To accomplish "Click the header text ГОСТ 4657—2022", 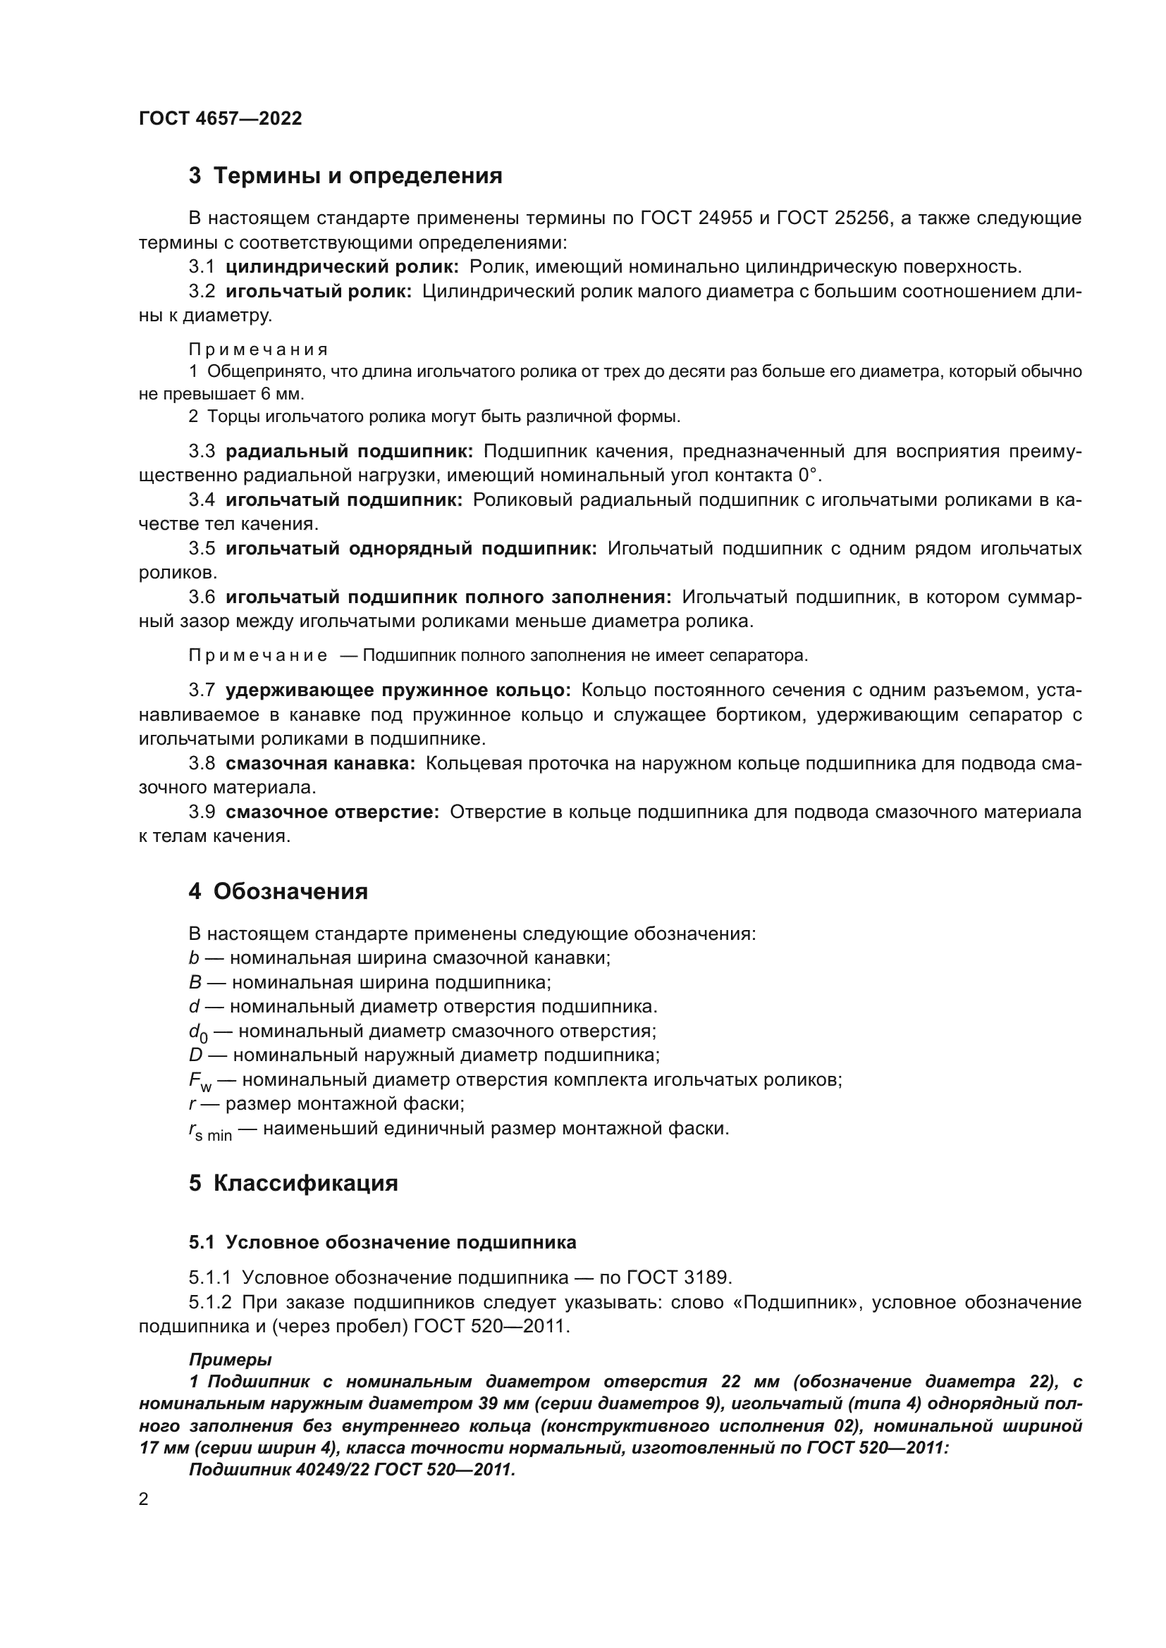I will click(x=220, y=118).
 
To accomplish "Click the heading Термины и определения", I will click(x=357, y=175).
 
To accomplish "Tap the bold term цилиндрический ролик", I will click(x=342, y=267).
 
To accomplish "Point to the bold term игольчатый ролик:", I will click(x=319, y=292).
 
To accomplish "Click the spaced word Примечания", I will click(x=259, y=349).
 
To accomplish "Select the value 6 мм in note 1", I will click(x=279, y=394).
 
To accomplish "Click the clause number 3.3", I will click(x=202, y=452).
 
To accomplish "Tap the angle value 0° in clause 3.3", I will click(x=809, y=475).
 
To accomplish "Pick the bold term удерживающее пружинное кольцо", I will click(x=398, y=690).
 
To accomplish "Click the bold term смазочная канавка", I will click(x=320, y=764).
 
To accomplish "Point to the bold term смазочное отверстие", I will click(x=332, y=812).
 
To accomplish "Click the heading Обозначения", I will click(x=290, y=891).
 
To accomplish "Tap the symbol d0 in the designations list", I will click(x=198, y=1033).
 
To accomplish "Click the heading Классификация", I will click(x=305, y=1183).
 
